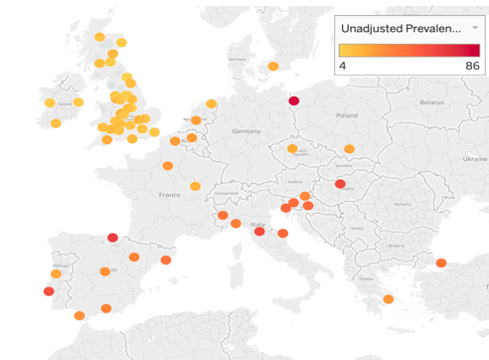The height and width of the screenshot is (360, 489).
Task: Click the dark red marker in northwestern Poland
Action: pyautogui.click(x=293, y=100)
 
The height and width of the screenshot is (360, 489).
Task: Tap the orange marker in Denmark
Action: pyautogui.click(x=273, y=67)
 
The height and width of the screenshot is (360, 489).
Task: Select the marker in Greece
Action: pyautogui.click(x=389, y=299)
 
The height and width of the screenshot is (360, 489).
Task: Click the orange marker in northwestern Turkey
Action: pyautogui.click(x=440, y=264)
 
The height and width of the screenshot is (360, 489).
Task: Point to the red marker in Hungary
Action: pyautogui.click(x=340, y=184)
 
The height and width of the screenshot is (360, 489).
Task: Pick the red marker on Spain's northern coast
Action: pyautogui.click(x=112, y=238)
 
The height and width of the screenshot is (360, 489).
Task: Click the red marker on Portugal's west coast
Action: pyautogui.click(x=49, y=291)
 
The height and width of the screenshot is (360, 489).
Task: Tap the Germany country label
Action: pyautogui.click(x=245, y=131)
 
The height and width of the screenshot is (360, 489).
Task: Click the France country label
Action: pyautogui.click(x=170, y=195)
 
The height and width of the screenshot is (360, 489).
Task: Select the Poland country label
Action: pyautogui.click(x=346, y=115)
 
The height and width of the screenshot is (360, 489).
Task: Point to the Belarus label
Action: pyautogui.click(x=431, y=102)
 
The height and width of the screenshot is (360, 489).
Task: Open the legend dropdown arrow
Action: pyautogui.click(x=474, y=29)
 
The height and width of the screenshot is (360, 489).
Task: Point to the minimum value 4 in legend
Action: pyautogui.click(x=343, y=65)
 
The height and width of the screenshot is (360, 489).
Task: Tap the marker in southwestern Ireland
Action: pyautogui.click(x=56, y=123)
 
